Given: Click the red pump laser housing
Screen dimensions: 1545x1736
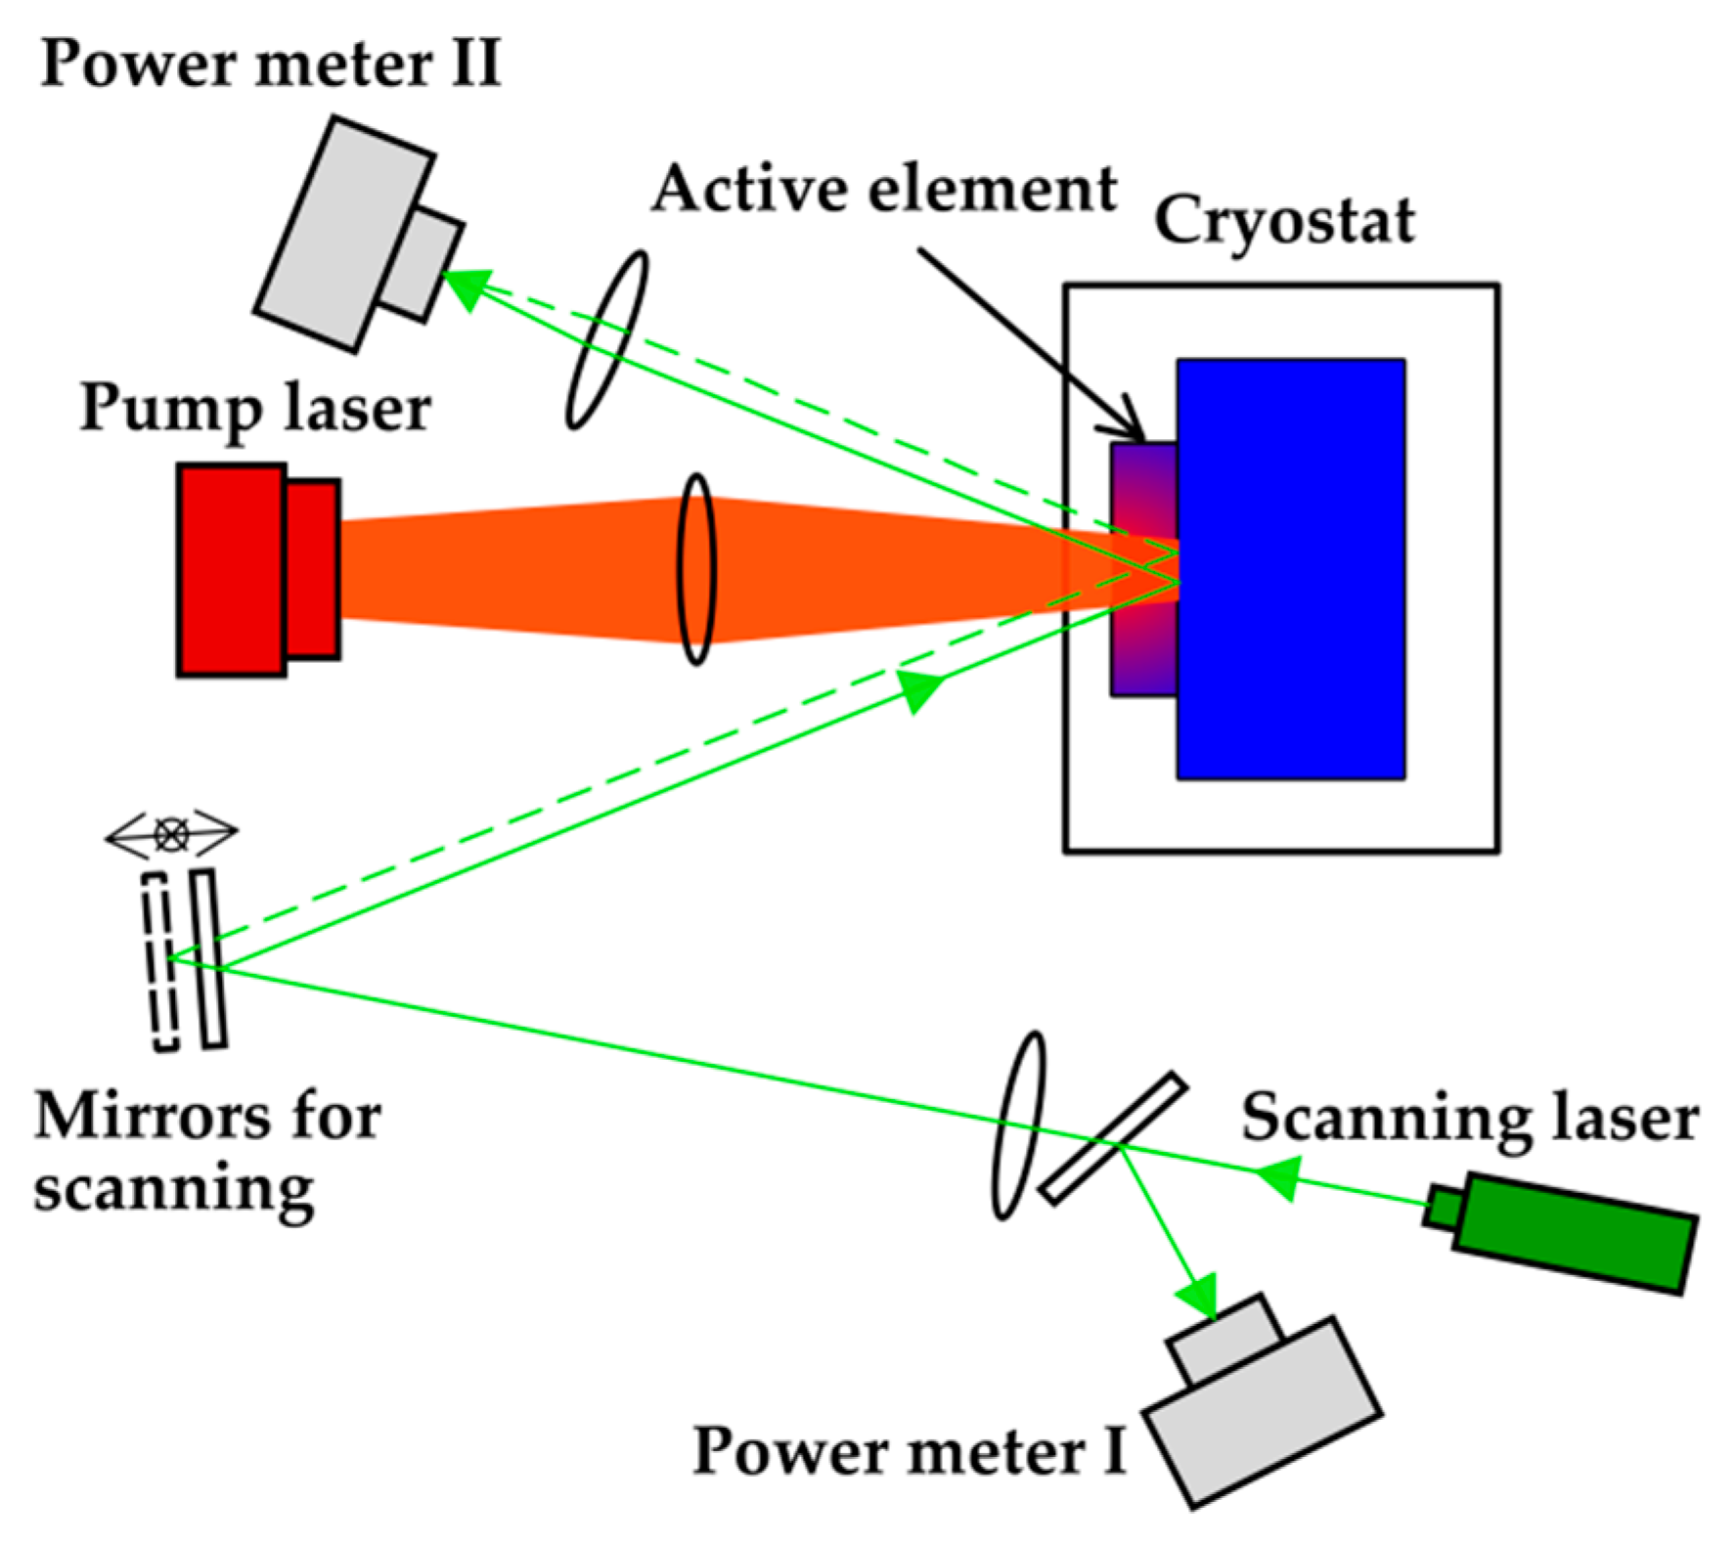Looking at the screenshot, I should (x=233, y=570).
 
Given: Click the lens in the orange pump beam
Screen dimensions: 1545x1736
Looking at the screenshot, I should (x=696, y=569).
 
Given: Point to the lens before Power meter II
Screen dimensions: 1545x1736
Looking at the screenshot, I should (x=607, y=339).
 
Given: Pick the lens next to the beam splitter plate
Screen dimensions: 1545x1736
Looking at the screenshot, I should (x=1018, y=1125).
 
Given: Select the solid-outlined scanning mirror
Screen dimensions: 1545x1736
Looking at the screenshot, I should (x=209, y=958).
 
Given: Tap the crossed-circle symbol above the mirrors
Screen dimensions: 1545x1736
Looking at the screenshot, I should (x=172, y=834).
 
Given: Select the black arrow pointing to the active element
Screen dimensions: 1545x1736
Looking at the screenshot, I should (x=1027, y=342).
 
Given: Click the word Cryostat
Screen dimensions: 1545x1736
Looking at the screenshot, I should (x=1283, y=220).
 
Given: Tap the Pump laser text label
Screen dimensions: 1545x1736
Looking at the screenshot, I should (x=255, y=408).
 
